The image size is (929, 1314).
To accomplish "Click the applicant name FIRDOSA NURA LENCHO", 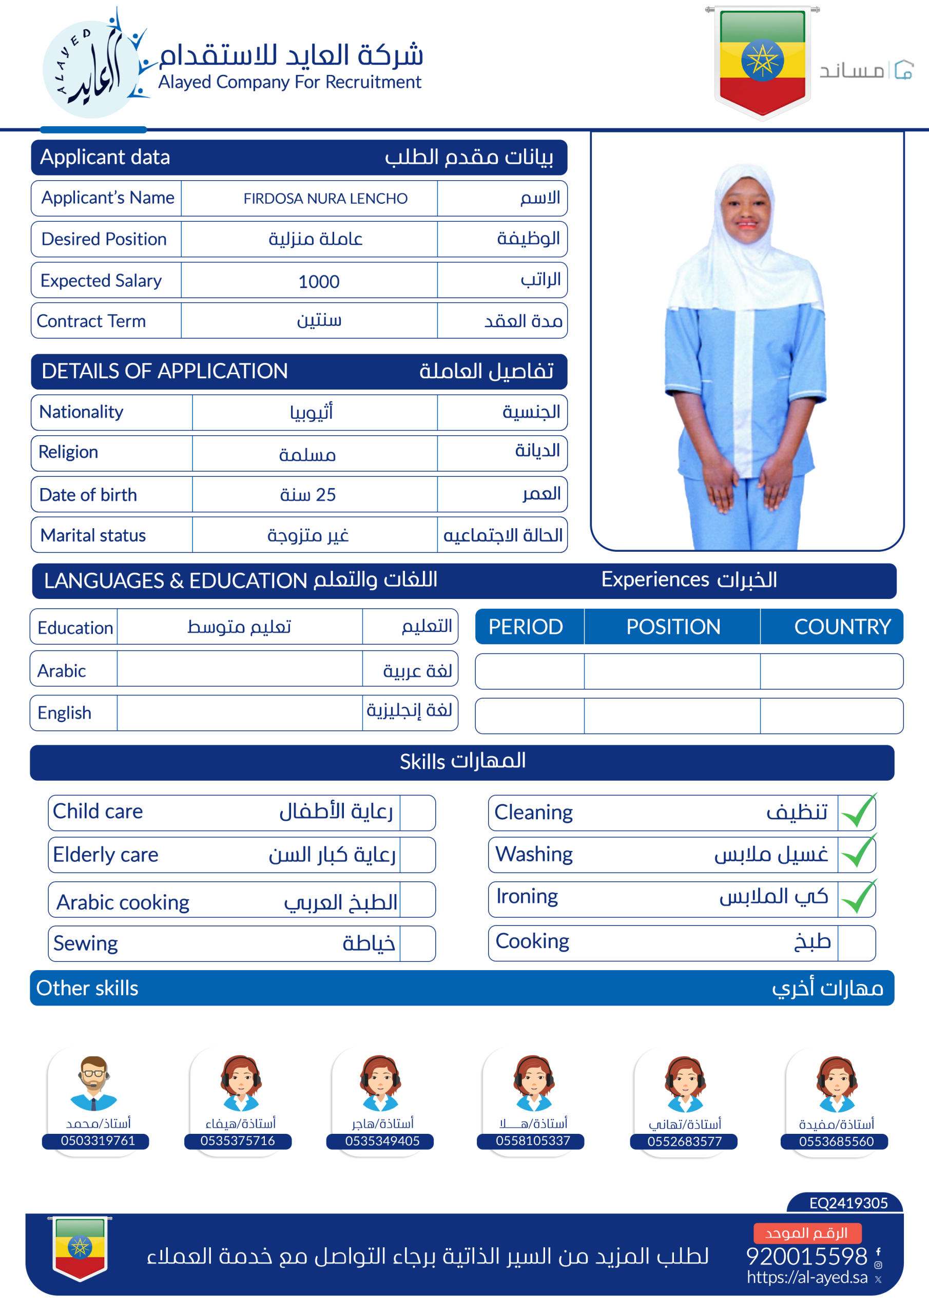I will [x=325, y=199].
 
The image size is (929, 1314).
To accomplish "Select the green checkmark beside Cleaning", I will [x=858, y=811].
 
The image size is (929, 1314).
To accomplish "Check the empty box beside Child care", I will [x=417, y=813].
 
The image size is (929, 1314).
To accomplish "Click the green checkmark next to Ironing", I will [x=858, y=898].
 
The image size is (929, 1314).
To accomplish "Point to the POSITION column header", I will [x=672, y=627].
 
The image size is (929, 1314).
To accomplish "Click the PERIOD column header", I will [x=526, y=627].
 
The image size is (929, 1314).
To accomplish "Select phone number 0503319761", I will [x=98, y=1141].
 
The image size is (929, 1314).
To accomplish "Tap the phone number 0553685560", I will [x=836, y=1141].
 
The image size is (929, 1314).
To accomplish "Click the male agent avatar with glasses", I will [x=94, y=1084].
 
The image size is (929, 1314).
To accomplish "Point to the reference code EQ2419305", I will [x=848, y=1203].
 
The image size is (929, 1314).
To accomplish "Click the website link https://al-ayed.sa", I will [x=807, y=1278].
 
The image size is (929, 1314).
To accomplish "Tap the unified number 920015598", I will [x=806, y=1256].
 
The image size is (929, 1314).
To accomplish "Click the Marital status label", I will [x=93, y=536].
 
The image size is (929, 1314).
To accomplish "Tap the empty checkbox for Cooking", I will [x=856, y=942].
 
